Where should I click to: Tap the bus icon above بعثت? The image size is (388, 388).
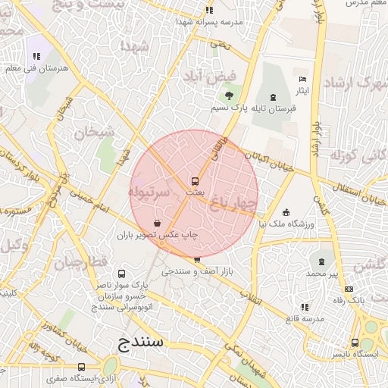tap(195, 181)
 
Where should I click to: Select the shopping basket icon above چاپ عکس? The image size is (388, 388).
tap(157, 223)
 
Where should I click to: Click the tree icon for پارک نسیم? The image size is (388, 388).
tap(229, 95)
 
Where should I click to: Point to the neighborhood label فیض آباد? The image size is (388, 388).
tap(210, 77)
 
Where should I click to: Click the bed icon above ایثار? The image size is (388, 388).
tap(303, 79)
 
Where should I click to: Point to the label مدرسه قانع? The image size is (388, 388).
tap(304, 318)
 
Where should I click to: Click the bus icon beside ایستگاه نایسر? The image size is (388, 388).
tap(355, 342)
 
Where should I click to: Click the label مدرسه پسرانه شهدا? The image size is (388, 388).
tap(209, 22)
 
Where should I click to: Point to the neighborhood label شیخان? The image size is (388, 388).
tap(94, 131)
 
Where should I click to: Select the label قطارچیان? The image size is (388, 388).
tap(77, 263)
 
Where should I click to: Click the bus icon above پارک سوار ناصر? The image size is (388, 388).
tap(122, 274)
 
